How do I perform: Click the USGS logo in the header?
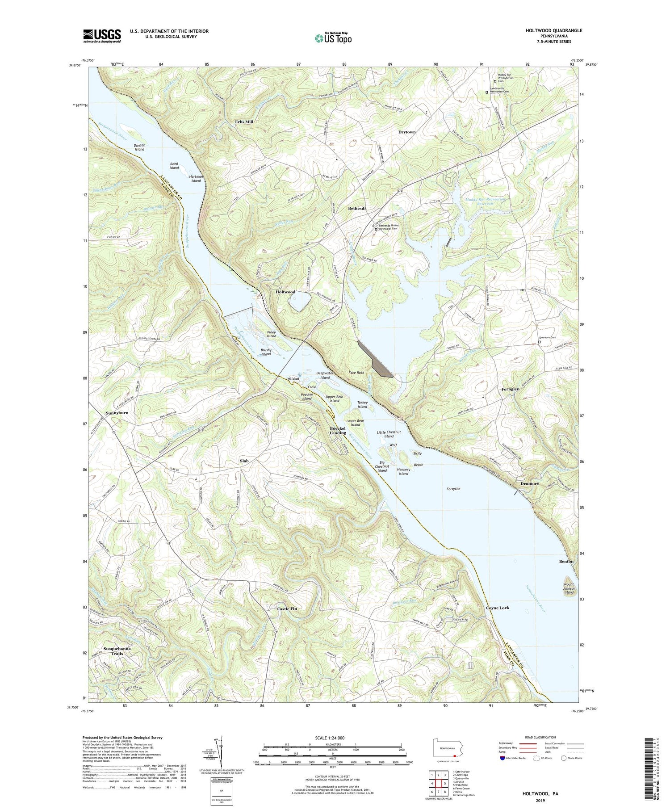point(101,36)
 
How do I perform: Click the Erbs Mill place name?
point(244,122)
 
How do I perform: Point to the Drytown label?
point(407,132)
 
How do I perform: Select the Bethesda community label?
point(357,209)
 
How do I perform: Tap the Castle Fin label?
point(287,609)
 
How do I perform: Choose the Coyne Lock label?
point(497,608)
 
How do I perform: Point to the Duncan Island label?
point(139,147)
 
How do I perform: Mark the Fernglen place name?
point(510,389)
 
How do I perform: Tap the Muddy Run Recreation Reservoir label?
point(485,201)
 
